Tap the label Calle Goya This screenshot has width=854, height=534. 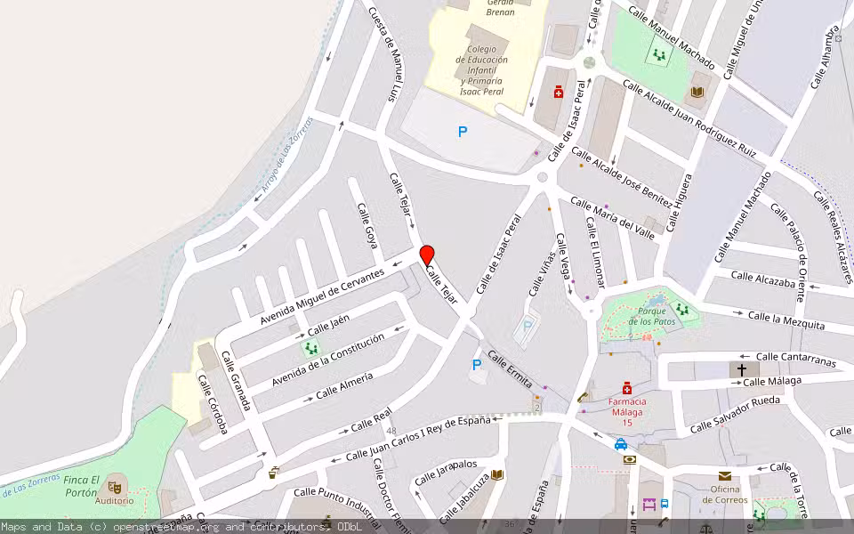point(367,225)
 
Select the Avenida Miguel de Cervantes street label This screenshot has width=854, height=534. point(322,295)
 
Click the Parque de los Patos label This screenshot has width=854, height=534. point(647,316)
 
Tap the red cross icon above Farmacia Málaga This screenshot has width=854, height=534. point(627,388)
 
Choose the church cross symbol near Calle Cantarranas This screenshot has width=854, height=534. point(742,368)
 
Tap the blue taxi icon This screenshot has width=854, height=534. point(620,443)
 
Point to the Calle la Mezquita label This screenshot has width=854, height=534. point(786,320)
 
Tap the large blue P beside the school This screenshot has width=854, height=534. point(463,132)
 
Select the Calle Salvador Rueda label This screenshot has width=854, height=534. point(735,413)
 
